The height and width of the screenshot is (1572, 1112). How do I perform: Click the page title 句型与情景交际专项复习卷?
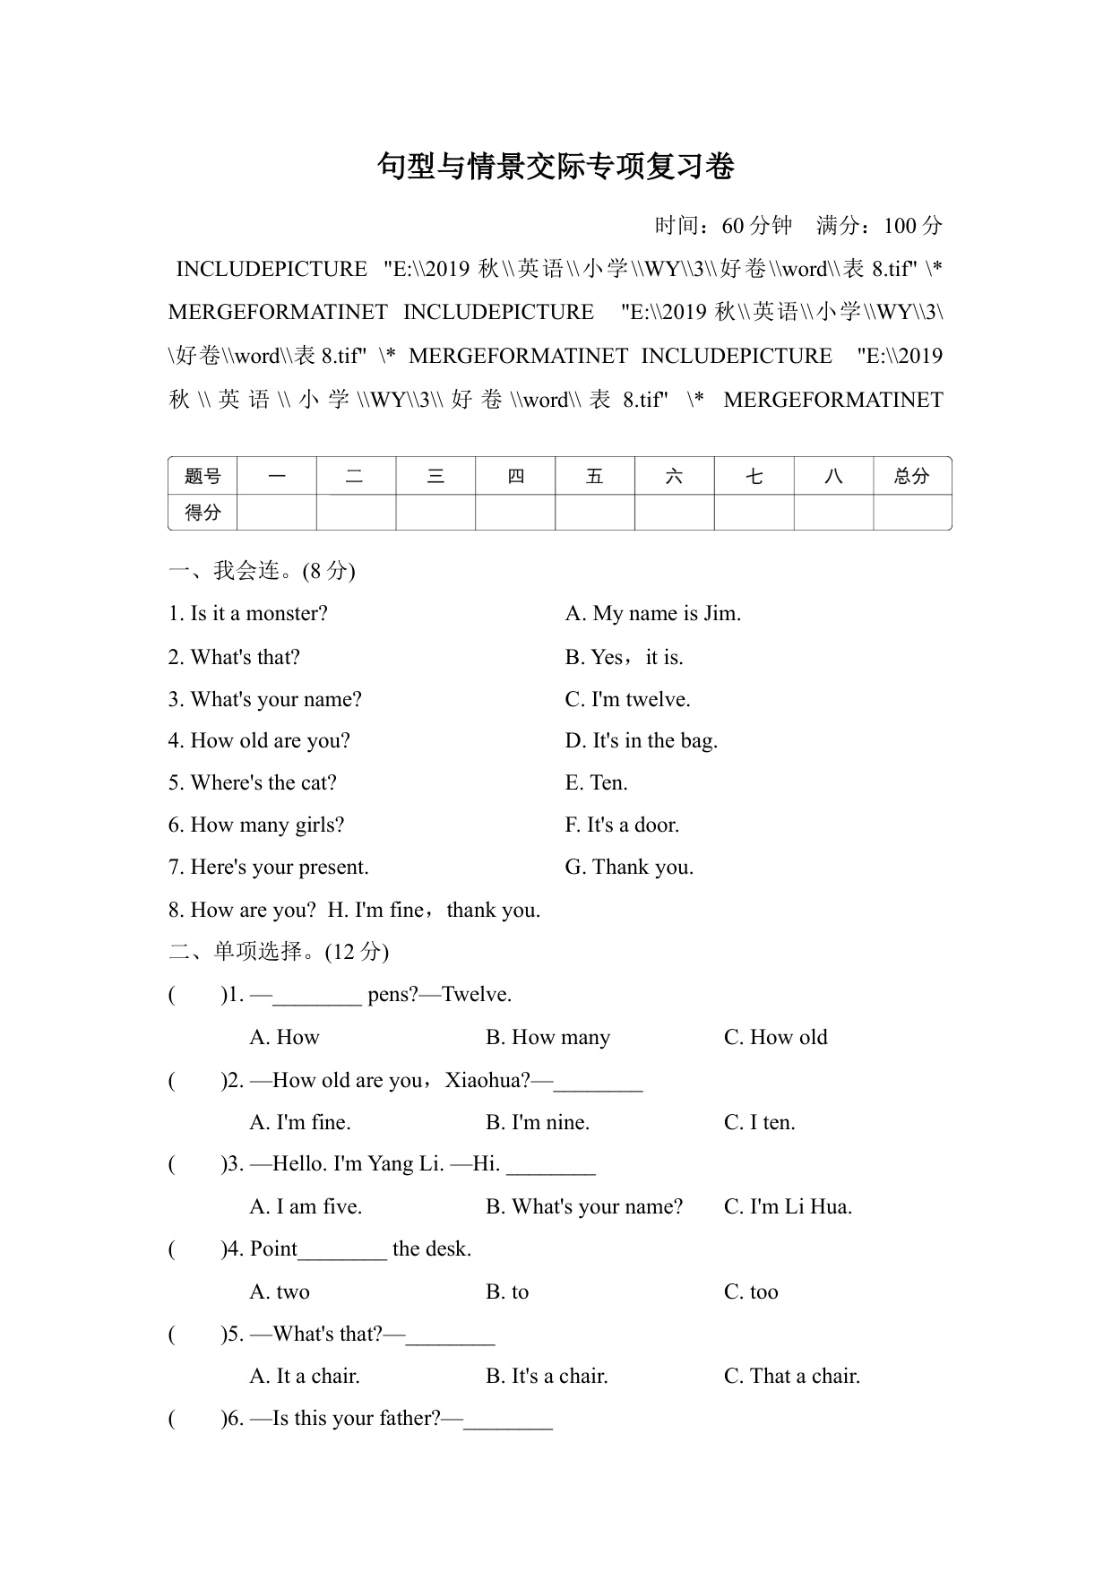(x=556, y=167)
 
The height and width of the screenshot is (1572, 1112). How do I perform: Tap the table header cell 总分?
(x=911, y=476)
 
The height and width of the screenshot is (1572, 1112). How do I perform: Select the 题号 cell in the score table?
(x=203, y=476)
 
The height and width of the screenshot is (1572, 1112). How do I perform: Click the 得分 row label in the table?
(x=203, y=513)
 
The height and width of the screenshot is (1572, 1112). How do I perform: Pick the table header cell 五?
(x=594, y=476)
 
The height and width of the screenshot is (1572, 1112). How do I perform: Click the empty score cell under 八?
(x=832, y=513)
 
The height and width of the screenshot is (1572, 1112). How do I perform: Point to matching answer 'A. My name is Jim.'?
(x=653, y=614)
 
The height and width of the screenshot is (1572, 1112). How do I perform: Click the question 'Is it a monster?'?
(x=248, y=614)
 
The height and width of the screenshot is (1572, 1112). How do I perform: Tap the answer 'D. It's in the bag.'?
(x=642, y=740)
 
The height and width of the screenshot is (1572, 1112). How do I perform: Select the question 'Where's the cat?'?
(x=253, y=782)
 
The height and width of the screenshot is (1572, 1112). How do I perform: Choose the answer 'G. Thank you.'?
(x=629, y=867)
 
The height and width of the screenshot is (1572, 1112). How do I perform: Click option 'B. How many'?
(x=547, y=1037)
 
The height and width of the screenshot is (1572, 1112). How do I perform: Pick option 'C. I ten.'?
(x=759, y=1122)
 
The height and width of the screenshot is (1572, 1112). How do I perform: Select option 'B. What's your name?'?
(x=584, y=1206)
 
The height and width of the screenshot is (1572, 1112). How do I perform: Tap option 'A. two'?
(x=280, y=1291)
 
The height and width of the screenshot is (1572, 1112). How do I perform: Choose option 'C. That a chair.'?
(x=792, y=1376)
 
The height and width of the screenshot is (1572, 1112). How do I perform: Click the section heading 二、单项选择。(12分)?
(x=279, y=951)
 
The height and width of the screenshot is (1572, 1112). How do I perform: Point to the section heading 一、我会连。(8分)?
(x=262, y=571)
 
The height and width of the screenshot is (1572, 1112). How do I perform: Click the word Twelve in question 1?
(x=476, y=994)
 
